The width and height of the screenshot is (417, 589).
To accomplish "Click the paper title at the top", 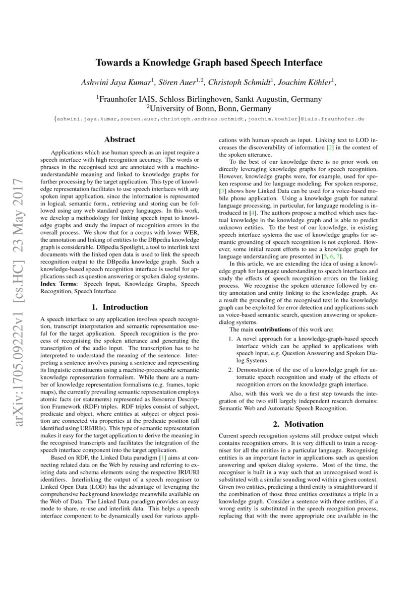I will pos(209,63).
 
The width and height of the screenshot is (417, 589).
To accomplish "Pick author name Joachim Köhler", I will pos(307,82).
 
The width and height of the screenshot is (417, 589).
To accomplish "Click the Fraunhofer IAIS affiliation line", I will pos(209,99).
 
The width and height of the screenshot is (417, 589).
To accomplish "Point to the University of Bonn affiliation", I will pos(209,108).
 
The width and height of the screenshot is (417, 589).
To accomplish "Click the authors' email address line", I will pos(209,119).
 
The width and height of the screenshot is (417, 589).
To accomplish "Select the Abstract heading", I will pos(120,140).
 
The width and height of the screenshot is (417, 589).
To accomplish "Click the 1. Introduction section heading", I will pos(120,307).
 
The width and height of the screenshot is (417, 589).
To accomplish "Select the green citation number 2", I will pos(330,148).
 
